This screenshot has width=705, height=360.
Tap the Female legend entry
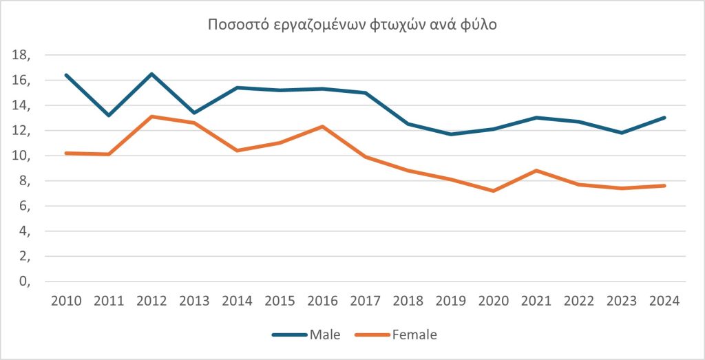point(414,335)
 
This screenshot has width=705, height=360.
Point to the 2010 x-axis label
point(66,301)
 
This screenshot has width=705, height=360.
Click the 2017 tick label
point(366,301)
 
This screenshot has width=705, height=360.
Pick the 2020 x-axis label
point(494,301)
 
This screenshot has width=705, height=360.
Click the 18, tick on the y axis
point(23,55)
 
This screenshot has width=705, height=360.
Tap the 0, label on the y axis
point(25,282)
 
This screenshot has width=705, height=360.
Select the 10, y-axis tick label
point(23,156)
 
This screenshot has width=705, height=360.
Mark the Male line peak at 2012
point(151,74)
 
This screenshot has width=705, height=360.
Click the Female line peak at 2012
point(151,116)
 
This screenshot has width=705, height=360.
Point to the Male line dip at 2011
point(109,115)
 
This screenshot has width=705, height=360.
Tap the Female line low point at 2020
point(494,191)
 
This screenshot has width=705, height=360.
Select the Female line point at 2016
point(323,127)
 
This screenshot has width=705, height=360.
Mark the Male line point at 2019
point(451,134)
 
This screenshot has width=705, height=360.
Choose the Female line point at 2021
point(536,171)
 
